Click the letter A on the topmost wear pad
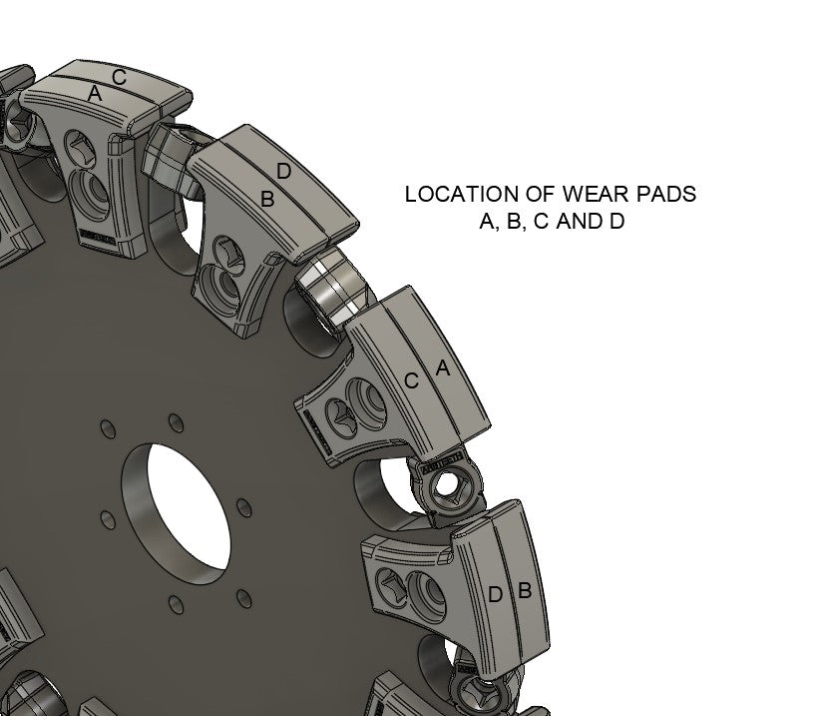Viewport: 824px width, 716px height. point(96,94)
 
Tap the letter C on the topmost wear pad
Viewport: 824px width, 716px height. point(119,76)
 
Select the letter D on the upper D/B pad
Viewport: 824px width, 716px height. point(283,172)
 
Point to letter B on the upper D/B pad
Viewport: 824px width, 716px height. point(266,199)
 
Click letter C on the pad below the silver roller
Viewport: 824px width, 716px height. point(411,380)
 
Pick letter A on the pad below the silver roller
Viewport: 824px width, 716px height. point(443,368)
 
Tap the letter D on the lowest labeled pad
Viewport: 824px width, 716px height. point(495,595)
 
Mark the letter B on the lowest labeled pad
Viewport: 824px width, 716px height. point(524,591)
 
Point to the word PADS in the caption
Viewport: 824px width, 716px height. point(660,195)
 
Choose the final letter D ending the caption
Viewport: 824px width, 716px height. point(617,222)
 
